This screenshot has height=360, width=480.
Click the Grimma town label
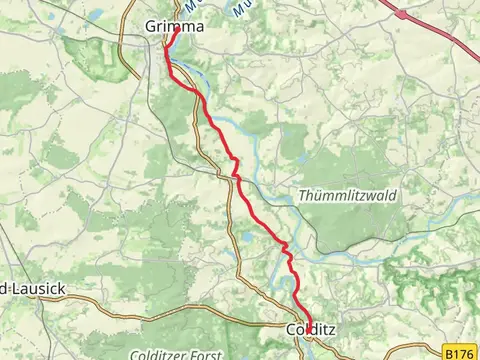point(173,27)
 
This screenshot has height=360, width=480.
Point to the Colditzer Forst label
point(171,353)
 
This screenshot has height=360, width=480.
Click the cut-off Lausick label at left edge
point(33,289)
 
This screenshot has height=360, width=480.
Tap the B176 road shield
point(459,353)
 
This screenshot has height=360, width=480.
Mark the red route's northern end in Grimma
point(177,30)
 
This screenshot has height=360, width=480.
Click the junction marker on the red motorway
point(403,14)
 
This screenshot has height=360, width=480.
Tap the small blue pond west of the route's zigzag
point(247,237)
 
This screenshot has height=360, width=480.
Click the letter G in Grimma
point(151,27)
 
